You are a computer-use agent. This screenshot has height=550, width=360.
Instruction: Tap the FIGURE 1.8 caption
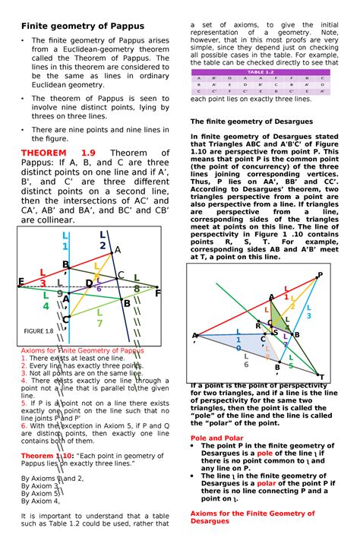click(37, 331)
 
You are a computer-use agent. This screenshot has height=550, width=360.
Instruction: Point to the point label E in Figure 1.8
click(21, 282)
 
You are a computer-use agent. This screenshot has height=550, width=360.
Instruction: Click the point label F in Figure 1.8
click(157, 292)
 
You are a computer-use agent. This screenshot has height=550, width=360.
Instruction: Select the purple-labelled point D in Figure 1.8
click(89, 283)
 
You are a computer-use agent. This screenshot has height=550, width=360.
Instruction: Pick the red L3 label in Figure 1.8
click(43, 278)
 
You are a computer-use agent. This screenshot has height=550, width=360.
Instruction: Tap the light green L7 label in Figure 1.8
click(99, 318)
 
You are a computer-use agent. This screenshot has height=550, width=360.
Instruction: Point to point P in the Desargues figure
click(320, 275)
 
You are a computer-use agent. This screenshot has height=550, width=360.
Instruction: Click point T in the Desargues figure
click(321, 377)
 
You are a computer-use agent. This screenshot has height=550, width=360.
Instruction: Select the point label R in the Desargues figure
click(257, 325)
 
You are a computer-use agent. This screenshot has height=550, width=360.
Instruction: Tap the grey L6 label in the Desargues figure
click(246, 359)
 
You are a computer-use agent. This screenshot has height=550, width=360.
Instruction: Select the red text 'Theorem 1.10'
click(47, 454)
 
